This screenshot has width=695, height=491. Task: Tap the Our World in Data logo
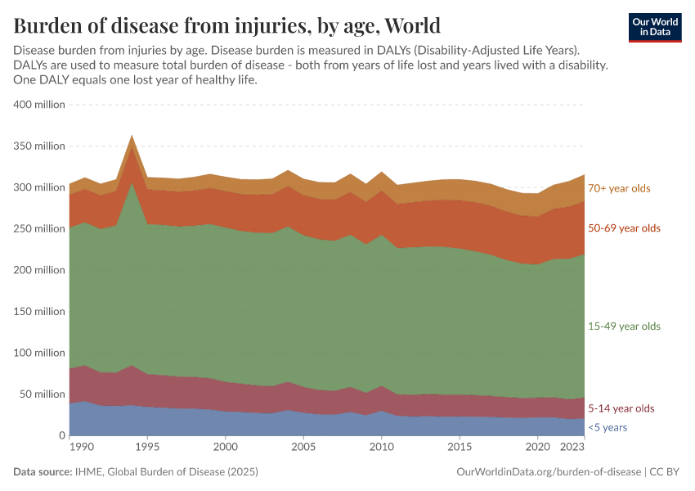coord(654,27)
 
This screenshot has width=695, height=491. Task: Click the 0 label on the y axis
coord(61,435)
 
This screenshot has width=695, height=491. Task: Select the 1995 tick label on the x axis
coord(147,448)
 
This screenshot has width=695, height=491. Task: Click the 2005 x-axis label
coord(303,448)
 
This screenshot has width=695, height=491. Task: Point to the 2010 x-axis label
coord(381,448)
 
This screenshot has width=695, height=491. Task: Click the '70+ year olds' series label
coord(619,188)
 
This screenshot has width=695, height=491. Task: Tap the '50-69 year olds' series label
coord(624,228)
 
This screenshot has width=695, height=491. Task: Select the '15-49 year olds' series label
coord(624,327)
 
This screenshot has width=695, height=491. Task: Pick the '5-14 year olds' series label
coord(621,408)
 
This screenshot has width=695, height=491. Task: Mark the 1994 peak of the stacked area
coord(132,137)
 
